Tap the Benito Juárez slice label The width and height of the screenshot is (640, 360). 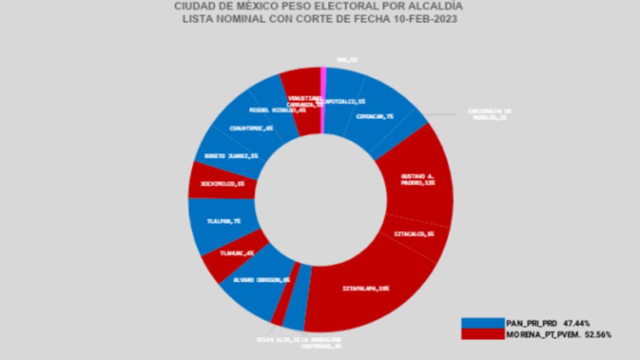click(x=231, y=156)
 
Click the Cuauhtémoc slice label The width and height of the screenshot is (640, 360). click(x=251, y=128)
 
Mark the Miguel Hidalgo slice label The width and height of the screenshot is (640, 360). click(x=278, y=110)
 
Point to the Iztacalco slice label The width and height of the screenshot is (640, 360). click(x=414, y=235)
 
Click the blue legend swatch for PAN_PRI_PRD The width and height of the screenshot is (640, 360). click(x=483, y=323)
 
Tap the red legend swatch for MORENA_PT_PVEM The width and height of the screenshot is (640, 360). click(x=483, y=334)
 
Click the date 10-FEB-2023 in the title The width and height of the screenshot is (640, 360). click(x=427, y=19)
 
